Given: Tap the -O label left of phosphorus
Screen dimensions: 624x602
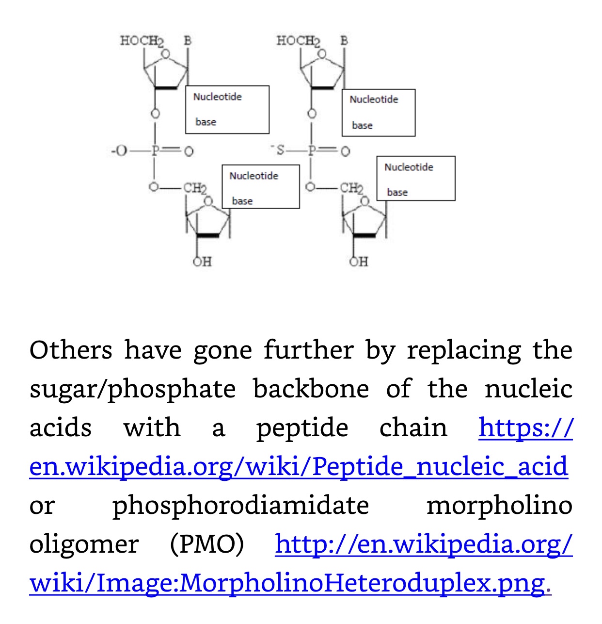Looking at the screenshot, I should click(x=118, y=151).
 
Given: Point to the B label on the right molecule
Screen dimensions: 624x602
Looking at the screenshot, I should click(x=344, y=40).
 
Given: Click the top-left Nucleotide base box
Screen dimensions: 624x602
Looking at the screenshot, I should click(x=227, y=109).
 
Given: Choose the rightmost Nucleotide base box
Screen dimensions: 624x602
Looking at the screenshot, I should click(x=416, y=178).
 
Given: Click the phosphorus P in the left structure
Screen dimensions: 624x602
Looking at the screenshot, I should click(x=155, y=151).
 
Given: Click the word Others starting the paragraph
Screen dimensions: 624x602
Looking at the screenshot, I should click(x=71, y=350).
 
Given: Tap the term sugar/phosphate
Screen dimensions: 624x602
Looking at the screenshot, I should click(x=132, y=390).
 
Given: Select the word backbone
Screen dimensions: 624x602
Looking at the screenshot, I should click(x=311, y=389).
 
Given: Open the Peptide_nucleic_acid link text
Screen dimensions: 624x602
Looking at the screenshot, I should click(x=298, y=466).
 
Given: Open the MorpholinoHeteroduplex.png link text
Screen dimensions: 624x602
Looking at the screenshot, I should click(x=287, y=583).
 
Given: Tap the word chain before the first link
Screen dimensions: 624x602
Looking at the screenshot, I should click(x=413, y=427).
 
